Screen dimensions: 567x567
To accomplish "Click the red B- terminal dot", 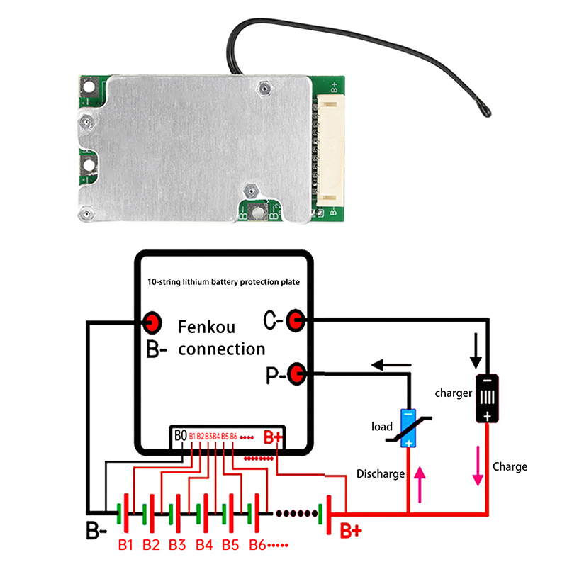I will (152, 322).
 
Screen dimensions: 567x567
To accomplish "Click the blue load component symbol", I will (409, 429).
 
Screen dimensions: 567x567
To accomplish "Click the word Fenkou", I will (206, 328).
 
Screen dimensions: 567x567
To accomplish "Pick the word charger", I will (454, 393).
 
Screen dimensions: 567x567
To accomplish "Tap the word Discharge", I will (381, 473).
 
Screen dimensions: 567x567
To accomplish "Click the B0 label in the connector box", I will (180, 435).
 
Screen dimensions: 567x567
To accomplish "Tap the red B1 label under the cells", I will (126, 545).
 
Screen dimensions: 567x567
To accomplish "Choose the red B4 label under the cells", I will (204, 545).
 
